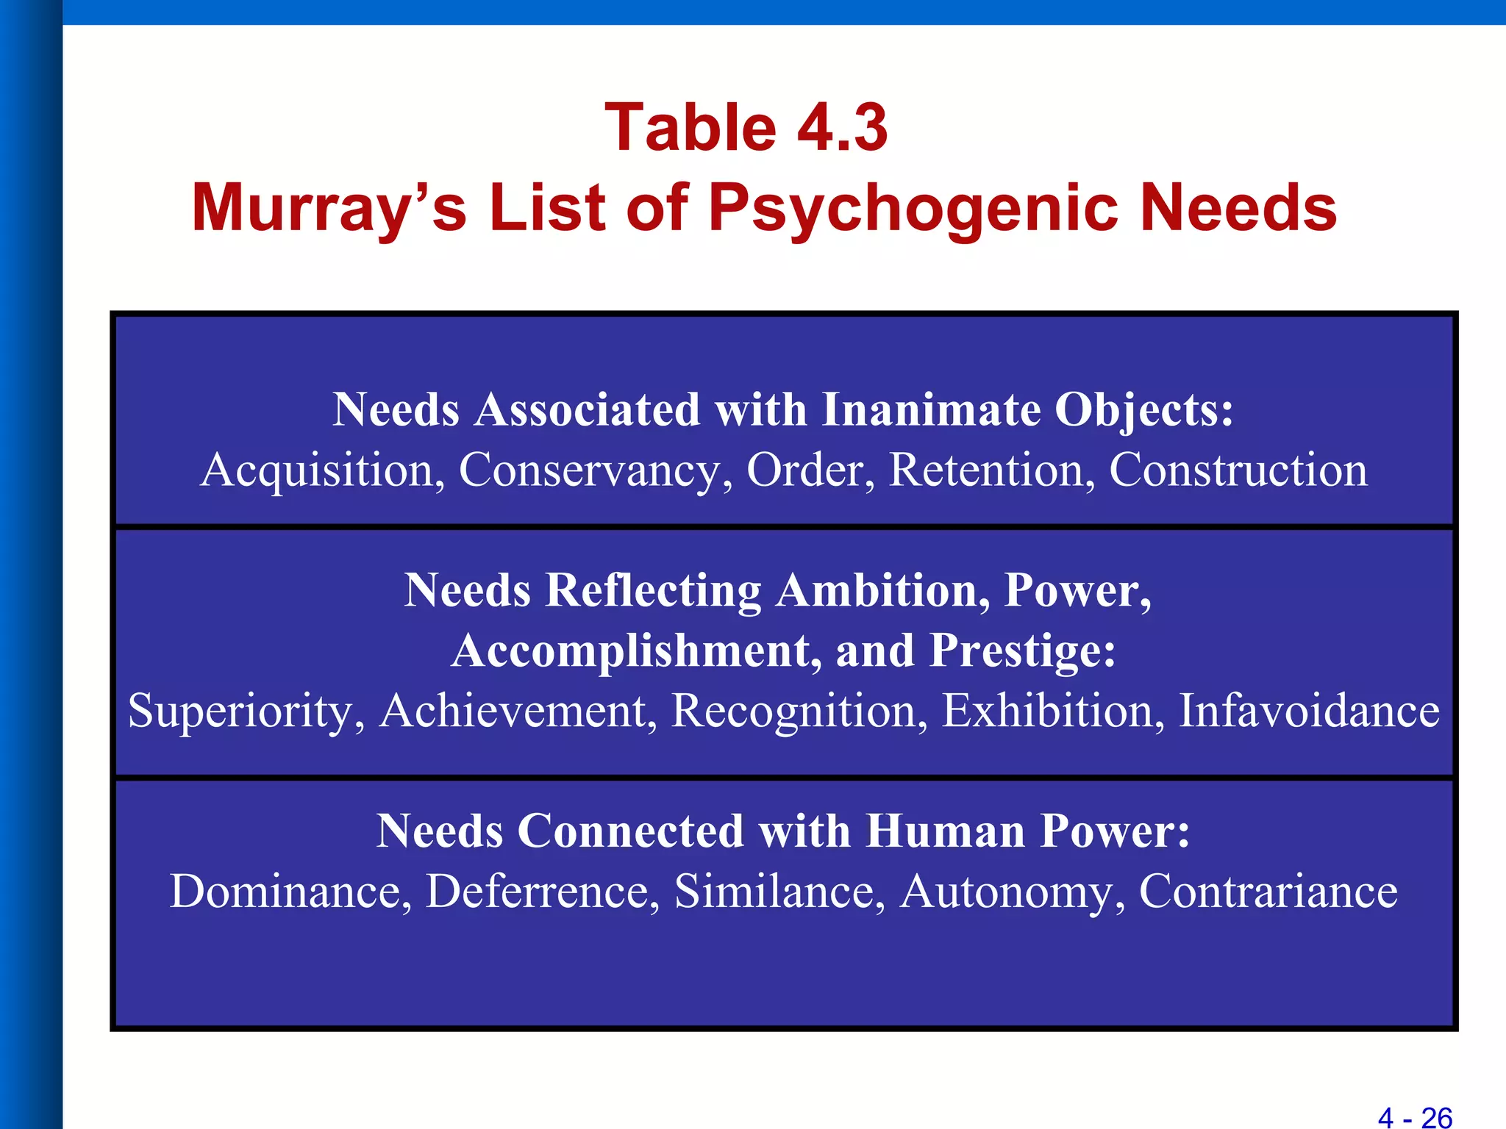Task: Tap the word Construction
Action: (1238, 470)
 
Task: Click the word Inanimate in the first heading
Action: (931, 409)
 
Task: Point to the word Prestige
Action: (1022, 651)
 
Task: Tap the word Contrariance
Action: (1268, 892)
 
